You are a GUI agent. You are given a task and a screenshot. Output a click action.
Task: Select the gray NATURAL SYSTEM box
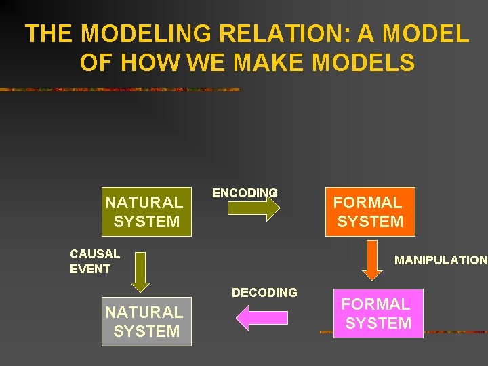click(x=146, y=321)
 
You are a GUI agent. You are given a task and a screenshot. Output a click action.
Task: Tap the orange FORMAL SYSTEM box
click(x=370, y=211)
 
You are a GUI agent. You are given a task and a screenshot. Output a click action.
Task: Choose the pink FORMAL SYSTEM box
click(x=378, y=313)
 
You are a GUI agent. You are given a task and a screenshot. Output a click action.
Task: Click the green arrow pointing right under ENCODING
click(x=253, y=209)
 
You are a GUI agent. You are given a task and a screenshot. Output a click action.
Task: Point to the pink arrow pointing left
click(x=261, y=318)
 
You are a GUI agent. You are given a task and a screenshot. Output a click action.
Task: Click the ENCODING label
click(x=245, y=192)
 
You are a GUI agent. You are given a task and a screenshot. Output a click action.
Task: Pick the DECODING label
click(x=264, y=293)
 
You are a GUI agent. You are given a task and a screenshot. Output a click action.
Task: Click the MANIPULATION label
click(x=441, y=260)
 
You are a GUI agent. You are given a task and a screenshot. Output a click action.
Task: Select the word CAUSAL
click(x=95, y=254)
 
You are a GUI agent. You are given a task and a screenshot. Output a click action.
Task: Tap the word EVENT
click(x=90, y=269)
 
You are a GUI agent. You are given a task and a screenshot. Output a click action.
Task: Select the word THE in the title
click(x=45, y=34)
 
